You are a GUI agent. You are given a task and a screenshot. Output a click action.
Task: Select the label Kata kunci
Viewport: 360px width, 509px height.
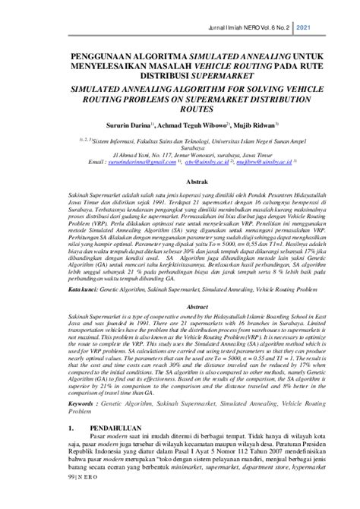point(81,289)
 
